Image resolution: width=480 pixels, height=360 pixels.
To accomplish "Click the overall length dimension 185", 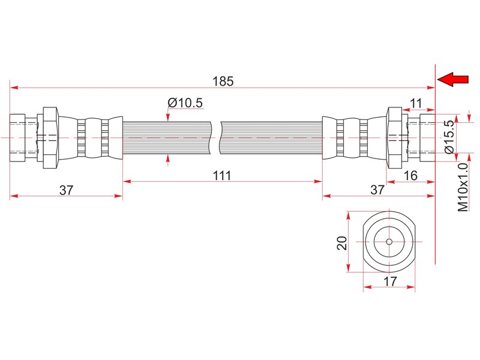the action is tap(223, 81).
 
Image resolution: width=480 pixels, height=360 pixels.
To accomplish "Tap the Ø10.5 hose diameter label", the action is tap(185, 103).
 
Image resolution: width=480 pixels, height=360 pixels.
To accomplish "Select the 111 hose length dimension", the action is tap(222, 176).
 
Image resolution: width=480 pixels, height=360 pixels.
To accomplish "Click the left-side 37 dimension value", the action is tap(66, 190).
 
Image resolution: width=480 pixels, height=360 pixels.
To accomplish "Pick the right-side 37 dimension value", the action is tap(377, 190).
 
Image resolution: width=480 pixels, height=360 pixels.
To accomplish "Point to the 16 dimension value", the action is tap(410, 176).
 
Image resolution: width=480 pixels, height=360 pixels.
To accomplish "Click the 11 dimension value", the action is tap(416, 103).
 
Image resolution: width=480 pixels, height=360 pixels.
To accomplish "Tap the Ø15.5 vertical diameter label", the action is tap(449, 137).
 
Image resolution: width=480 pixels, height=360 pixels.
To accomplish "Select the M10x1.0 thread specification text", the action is tap(463, 187).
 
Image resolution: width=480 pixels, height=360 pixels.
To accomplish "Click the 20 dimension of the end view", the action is tap(342, 243).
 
